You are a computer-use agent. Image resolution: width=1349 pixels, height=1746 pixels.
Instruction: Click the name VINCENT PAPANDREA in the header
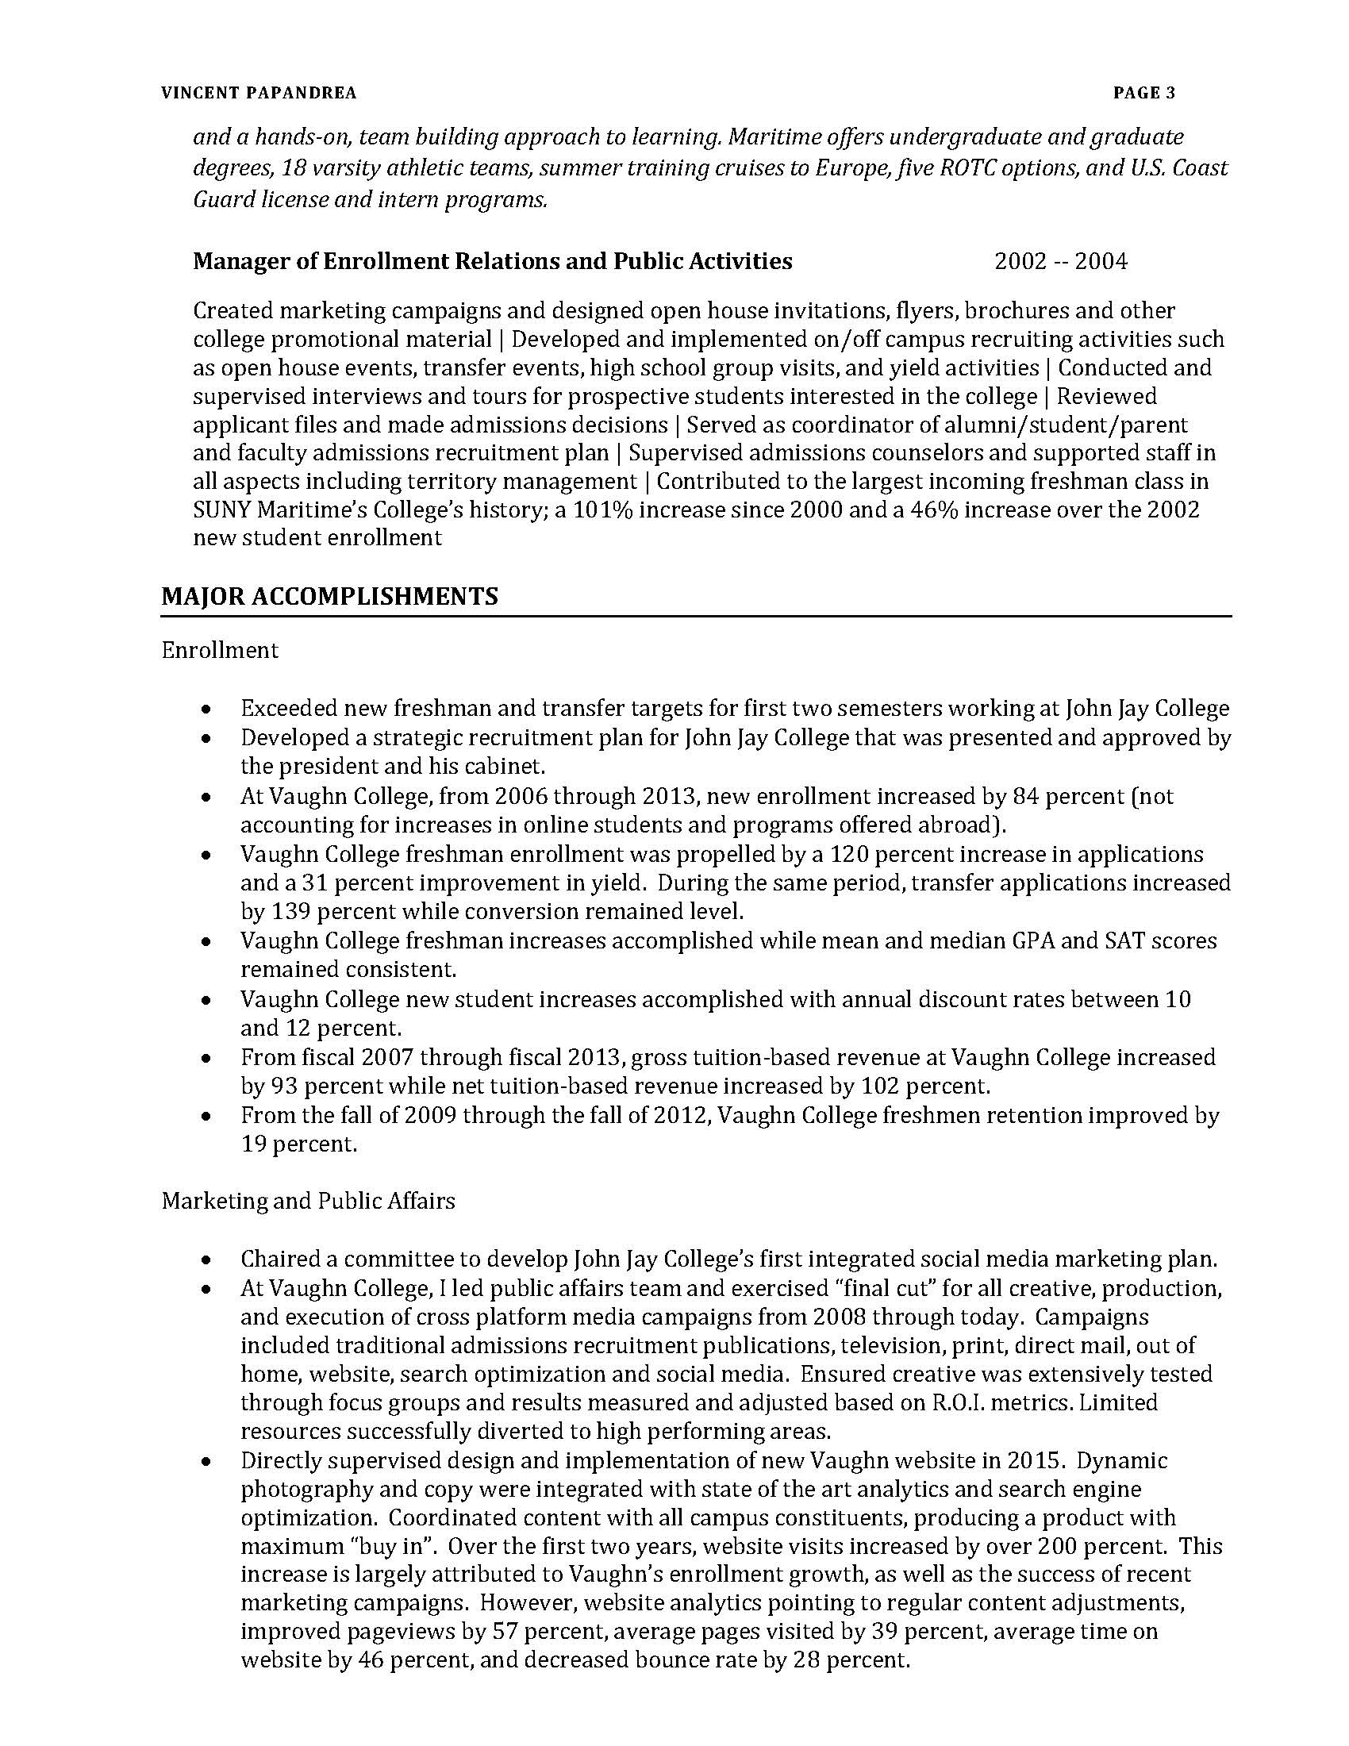click(x=259, y=94)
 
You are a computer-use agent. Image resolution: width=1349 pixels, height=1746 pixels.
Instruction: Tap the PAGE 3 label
click(x=1143, y=94)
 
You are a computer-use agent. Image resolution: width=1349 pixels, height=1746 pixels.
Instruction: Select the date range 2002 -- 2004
click(x=1060, y=261)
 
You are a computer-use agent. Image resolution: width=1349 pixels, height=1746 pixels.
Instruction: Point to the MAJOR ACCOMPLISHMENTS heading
click(x=329, y=595)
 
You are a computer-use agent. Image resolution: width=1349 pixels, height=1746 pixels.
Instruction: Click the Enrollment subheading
click(x=220, y=650)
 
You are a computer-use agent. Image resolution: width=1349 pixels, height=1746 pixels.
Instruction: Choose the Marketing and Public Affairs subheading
click(x=309, y=1201)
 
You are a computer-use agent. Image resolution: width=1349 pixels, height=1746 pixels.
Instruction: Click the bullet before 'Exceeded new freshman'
click(x=207, y=709)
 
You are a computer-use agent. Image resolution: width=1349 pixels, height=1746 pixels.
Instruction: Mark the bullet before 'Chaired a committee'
click(x=207, y=1260)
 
